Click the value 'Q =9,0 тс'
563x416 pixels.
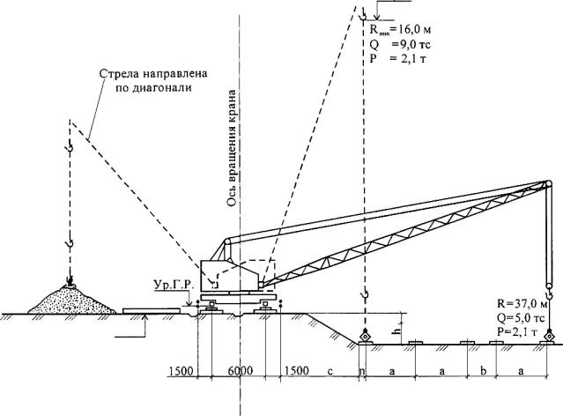point(397,42)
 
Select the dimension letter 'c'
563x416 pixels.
point(329,370)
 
